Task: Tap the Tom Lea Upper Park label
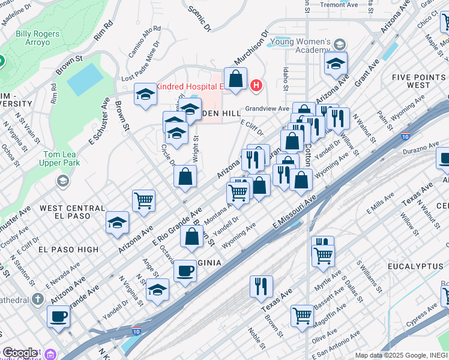62,157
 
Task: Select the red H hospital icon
256,85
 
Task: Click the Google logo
19,353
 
